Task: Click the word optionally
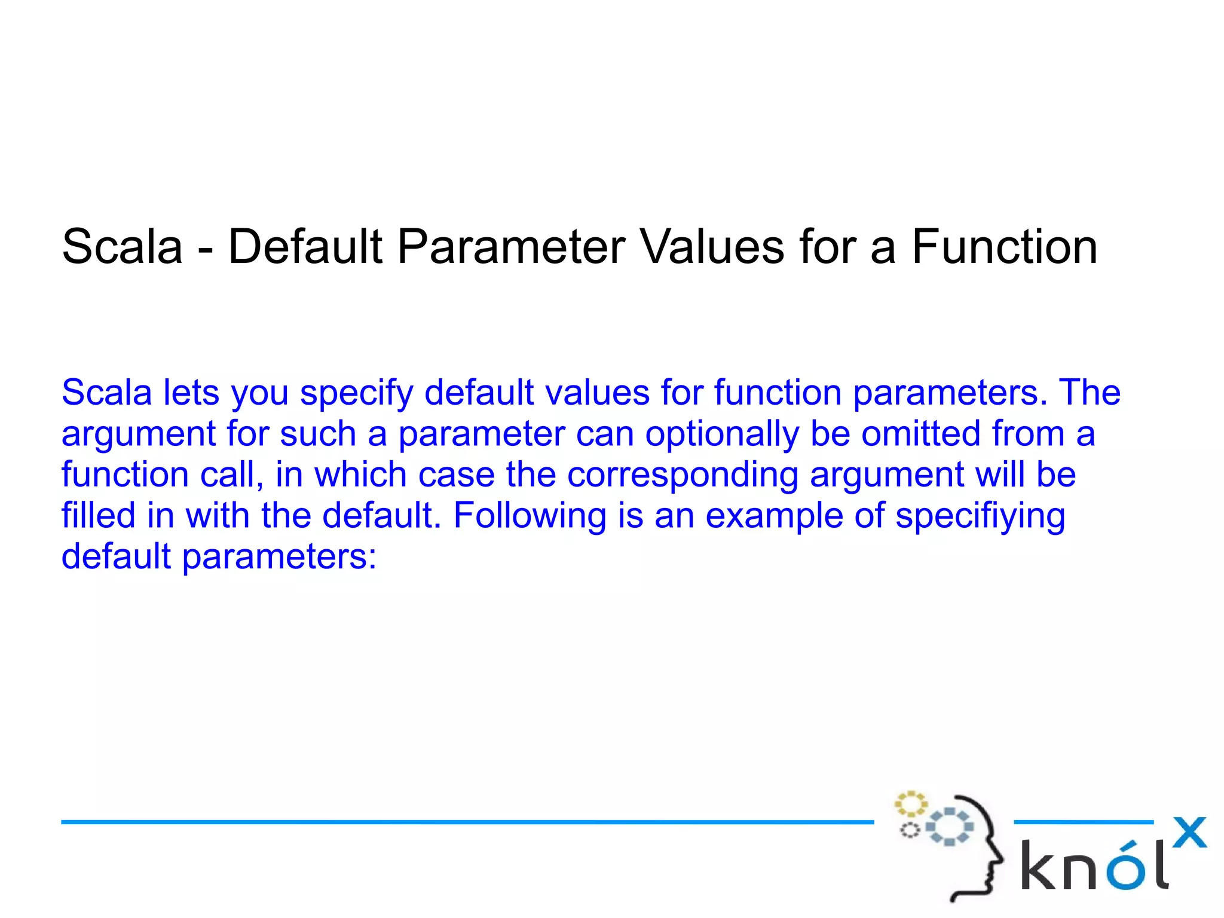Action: click(721, 434)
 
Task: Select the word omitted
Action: click(921, 433)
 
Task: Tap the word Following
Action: click(530, 516)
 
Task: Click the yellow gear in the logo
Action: click(910, 804)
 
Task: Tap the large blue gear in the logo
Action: click(949, 827)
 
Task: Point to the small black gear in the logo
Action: click(910, 830)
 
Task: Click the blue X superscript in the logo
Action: click(1189, 833)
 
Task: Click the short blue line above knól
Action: click(1083, 822)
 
